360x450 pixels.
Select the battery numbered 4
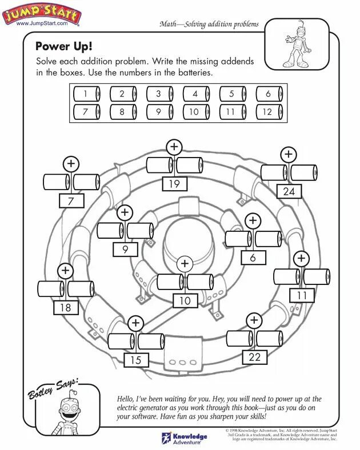[196, 94]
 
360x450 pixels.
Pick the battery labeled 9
[159, 111]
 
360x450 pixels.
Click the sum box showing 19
[174, 183]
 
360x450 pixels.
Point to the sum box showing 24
[289, 191]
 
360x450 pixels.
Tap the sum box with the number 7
[71, 200]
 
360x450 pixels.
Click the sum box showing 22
[255, 356]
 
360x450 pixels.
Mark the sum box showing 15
[135, 360]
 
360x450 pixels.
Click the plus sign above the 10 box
[184, 264]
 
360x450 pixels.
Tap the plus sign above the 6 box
[253, 220]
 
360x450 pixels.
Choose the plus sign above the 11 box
[301, 258]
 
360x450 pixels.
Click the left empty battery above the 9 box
[110, 231]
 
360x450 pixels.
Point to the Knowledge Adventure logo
[184, 437]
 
